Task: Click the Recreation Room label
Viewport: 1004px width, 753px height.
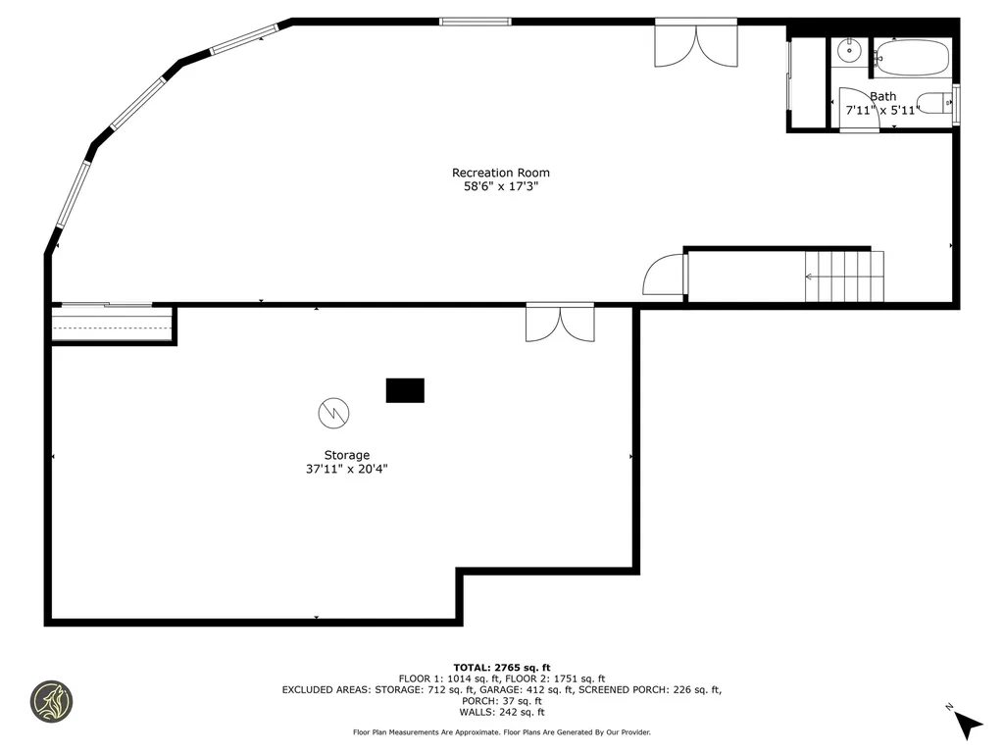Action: click(500, 173)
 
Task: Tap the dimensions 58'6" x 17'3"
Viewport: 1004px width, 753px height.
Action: click(500, 186)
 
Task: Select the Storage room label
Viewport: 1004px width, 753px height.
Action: click(347, 455)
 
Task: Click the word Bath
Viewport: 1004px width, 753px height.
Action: click(883, 96)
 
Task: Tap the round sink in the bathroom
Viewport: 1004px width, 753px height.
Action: click(849, 52)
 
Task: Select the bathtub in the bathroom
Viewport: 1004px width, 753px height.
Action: click(911, 57)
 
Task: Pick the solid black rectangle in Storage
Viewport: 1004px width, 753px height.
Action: click(405, 390)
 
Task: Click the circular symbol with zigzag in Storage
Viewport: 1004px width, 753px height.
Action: click(333, 413)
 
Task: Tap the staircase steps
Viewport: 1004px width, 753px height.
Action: click(843, 276)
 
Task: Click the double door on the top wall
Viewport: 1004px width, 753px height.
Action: click(696, 44)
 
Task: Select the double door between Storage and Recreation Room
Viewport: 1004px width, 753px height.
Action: click(560, 323)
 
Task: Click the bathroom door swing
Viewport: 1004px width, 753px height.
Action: click(857, 109)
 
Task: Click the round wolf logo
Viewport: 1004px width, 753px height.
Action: click(51, 702)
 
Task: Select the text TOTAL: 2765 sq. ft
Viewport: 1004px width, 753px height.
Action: click(502, 667)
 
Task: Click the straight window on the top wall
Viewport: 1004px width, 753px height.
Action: click(476, 21)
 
